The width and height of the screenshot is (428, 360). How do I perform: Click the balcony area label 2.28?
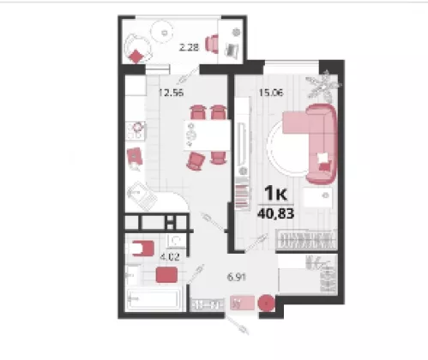coord(189,47)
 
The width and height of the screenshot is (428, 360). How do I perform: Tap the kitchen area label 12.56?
coord(171,93)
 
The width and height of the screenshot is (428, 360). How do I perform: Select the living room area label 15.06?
coord(271,93)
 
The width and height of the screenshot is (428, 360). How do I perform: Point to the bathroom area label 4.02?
coord(170,257)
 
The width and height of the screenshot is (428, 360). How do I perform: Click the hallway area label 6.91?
coord(237,277)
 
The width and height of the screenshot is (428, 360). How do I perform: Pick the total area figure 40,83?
coord(275,213)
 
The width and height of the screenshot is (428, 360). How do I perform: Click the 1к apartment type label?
coord(275,193)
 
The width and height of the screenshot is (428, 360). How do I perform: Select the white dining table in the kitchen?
coord(208,135)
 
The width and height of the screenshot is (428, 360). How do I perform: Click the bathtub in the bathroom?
coord(154,300)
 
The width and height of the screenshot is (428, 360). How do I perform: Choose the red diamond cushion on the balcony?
coord(136,57)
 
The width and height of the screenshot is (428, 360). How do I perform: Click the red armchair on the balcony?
coord(212,44)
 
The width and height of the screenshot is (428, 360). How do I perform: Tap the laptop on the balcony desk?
coord(232,51)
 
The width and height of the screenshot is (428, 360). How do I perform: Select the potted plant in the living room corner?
coord(323,85)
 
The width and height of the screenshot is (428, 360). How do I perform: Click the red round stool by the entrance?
coord(267,303)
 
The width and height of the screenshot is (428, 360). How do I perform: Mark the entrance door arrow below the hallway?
coord(237,324)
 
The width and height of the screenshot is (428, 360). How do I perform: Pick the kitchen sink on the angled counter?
coord(142,195)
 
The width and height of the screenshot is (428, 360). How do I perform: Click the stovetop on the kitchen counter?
coord(136,130)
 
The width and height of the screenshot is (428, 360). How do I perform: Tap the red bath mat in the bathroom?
coord(166,274)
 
